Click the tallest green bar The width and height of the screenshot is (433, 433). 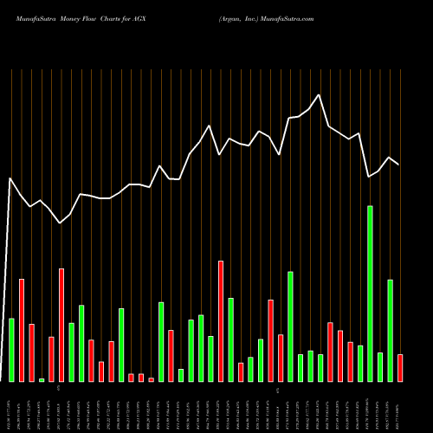click(x=370, y=294)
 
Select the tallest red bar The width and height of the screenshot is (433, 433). click(x=221, y=320)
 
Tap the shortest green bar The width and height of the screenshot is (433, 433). click(x=42, y=379)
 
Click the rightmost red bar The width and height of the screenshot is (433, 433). click(x=400, y=367)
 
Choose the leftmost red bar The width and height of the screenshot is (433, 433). click(x=22, y=330)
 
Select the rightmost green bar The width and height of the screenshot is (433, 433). click(x=390, y=330)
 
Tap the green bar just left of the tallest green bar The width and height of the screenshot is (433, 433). click(x=360, y=363)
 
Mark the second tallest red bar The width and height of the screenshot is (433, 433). click(x=61, y=325)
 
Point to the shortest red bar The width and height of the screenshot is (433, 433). click(x=151, y=379)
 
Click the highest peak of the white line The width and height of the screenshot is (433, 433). click(x=319, y=94)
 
